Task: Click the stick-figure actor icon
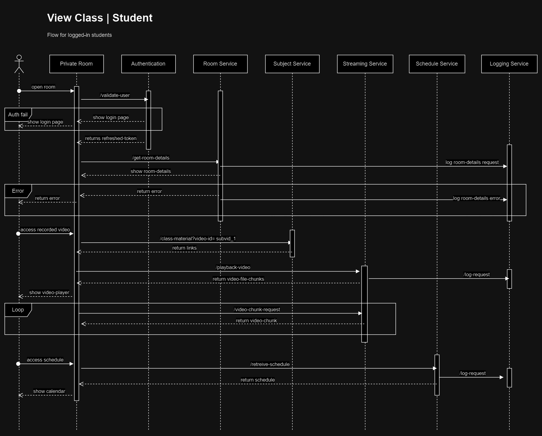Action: (x=19, y=64)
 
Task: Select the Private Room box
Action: (x=76, y=64)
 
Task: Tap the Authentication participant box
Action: (x=148, y=64)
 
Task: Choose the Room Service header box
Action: (x=220, y=64)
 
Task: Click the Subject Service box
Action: (x=292, y=64)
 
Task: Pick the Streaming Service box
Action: (x=365, y=64)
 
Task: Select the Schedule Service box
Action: (x=437, y=64)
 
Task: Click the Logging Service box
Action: (x=509, y=64)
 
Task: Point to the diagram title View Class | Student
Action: (x=100, y=18)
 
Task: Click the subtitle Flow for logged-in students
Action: (x=79, y=35)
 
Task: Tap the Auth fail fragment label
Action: (x=18, y=115)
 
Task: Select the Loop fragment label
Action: (x=18, y=310)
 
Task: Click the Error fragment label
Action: (x=18, y=191)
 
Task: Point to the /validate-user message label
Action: (x=115, y=95)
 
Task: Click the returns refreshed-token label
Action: (x=111, y=139)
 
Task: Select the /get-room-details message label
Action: (x=151, y=158)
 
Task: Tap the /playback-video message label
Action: (x=233, y=268)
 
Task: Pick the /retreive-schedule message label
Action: (x=270, y=364)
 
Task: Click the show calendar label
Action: (x=49, y=391)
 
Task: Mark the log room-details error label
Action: (x=476, y=198)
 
